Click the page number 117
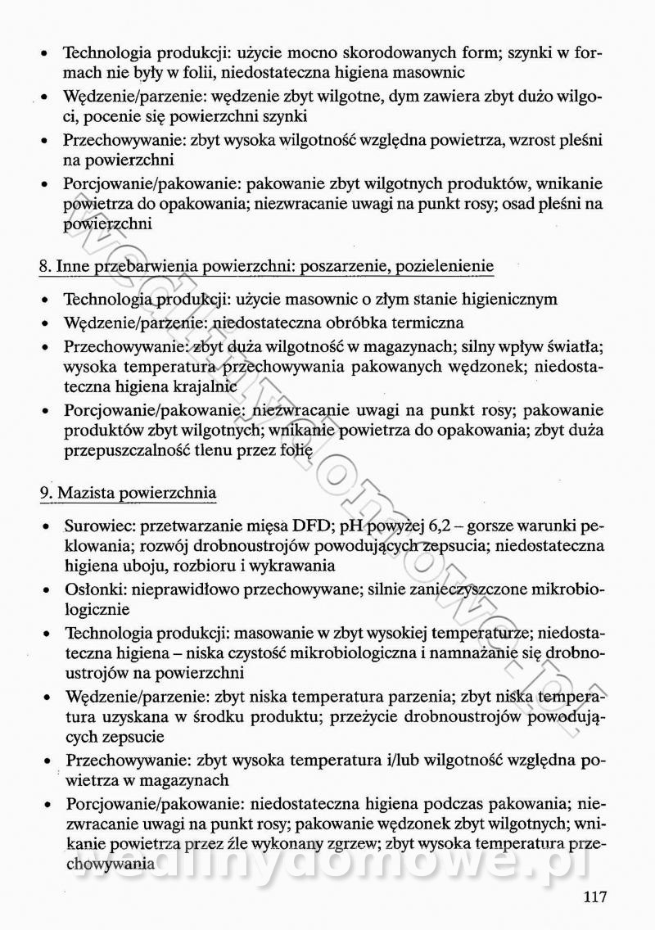[x=594, y=897]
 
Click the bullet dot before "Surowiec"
[x=43, y=526]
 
